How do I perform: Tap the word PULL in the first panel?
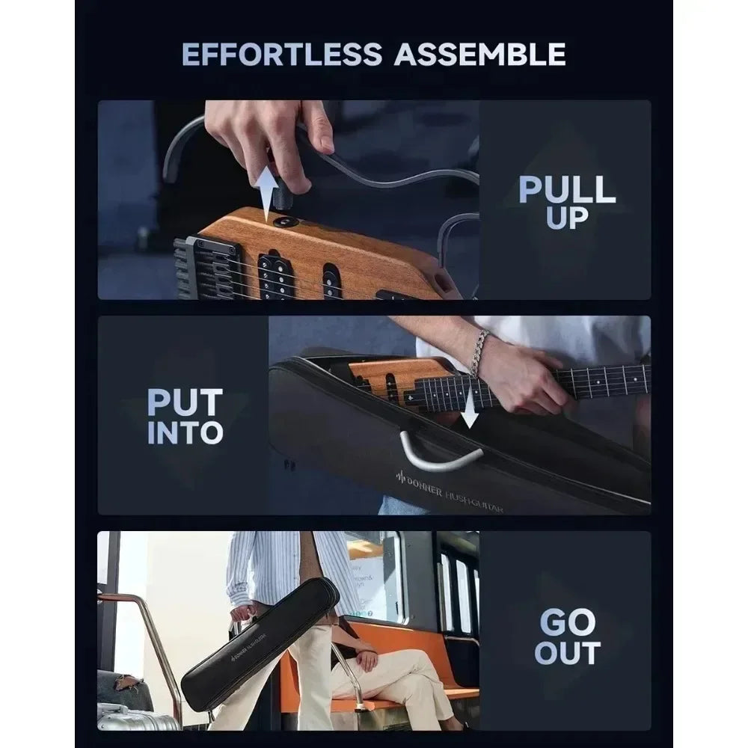[567, 189]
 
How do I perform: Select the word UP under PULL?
[566, 218]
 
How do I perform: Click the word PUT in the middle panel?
[185, 402]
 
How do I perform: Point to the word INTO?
[185, 432]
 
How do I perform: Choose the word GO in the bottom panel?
[566, 622]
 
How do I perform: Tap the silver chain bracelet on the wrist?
[479, 353]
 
